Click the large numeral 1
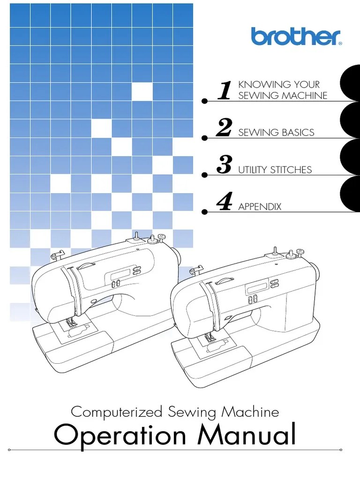[225, 90]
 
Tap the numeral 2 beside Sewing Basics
[224, 127]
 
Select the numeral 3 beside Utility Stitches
[225, 165]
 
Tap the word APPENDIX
[260, 207]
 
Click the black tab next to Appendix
[352, 194]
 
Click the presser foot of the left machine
[71, 323]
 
